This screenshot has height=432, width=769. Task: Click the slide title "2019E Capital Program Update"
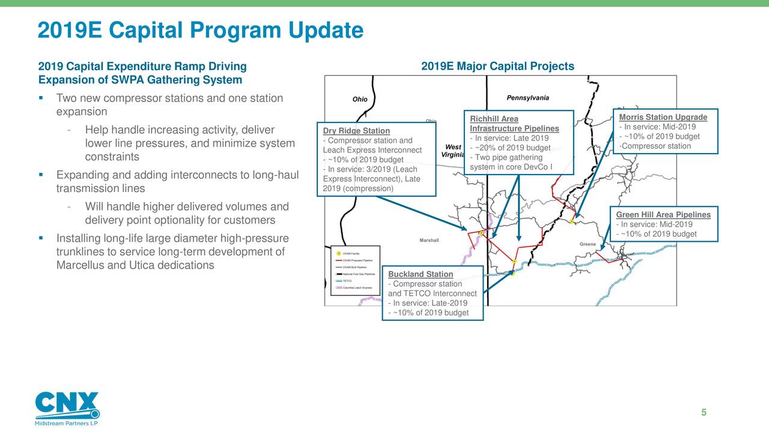[200, 30]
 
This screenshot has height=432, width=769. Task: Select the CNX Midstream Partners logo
[67, 409]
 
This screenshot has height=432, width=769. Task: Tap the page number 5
[704, 412]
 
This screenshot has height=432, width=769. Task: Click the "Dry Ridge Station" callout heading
[356, 131]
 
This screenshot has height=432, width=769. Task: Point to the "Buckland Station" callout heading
[421, 274]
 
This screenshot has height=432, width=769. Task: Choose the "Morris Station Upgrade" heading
[663, 117]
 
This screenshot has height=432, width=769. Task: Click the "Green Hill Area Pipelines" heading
[663, 215]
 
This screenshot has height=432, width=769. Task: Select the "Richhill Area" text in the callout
[494, 119]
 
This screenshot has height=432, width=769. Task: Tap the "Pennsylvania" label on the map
[527, 98]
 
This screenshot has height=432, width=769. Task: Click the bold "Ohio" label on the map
[360, 100]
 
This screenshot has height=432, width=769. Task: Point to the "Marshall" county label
[429, 241]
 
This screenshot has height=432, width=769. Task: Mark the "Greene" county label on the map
[588, 244]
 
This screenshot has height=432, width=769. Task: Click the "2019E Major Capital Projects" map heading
[497, 67]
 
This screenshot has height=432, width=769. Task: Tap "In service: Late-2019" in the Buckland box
[428, 303]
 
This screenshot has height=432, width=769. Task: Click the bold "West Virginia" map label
[452, 151]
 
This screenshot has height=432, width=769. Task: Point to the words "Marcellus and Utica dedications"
[135, 265]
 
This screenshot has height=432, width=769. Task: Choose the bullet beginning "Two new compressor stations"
[169, 98]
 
